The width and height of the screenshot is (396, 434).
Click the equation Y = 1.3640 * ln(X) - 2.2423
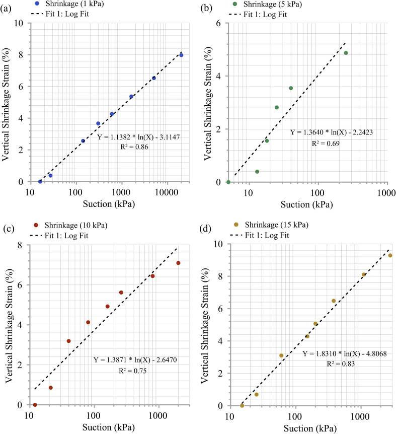click(x=331, y=132)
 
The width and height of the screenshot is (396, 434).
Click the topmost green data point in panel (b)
click(x=346, y=53)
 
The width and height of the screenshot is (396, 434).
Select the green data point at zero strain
click(x=228, y=182)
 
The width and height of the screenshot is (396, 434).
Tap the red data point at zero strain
click(x=35, y=405)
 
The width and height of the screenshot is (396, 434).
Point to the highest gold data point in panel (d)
click(x=390, y=255)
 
